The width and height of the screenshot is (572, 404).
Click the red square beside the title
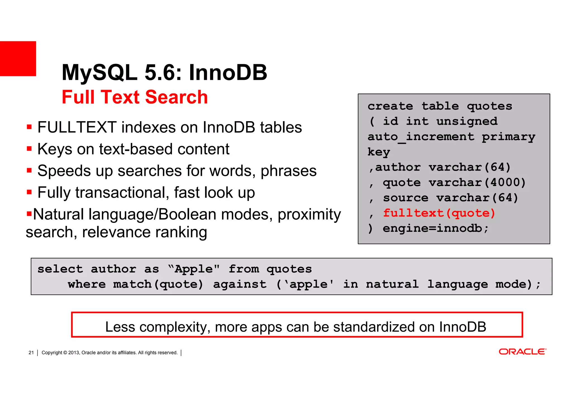coord(18,59)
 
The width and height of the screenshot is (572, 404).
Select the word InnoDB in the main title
coord(228,73)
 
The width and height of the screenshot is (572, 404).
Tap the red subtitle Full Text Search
coord(135,97)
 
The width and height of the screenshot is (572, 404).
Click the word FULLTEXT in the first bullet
coord(77,128)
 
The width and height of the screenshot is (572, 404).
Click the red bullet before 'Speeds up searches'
coord(29,170)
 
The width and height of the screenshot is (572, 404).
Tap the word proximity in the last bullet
coord(309,214)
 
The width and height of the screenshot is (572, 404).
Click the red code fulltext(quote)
coord(439,213)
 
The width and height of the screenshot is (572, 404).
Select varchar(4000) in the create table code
coord(477,183)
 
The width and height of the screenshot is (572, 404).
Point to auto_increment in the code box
coord(421,137)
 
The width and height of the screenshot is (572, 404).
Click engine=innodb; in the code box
coord(435,229)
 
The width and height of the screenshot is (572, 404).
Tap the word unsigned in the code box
coord(467,121)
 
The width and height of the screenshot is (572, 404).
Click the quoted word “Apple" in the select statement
coord(194,269)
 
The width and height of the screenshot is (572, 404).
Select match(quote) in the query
coord(158,285)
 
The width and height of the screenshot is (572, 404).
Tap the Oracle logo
coord(522,352)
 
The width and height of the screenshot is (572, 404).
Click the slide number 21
coord(31,353)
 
